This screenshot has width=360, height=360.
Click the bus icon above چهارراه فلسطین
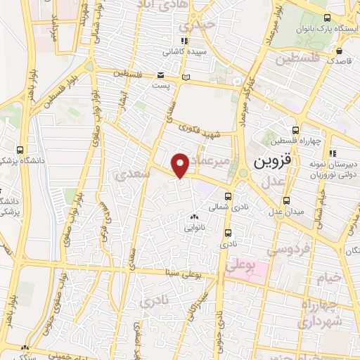pyautogui.click(x=296, y=129)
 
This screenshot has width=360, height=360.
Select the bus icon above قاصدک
pyautogui.click(x=340, y=51)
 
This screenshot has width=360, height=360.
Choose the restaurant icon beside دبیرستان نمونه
pyautogui.click(x=334, y=153)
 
